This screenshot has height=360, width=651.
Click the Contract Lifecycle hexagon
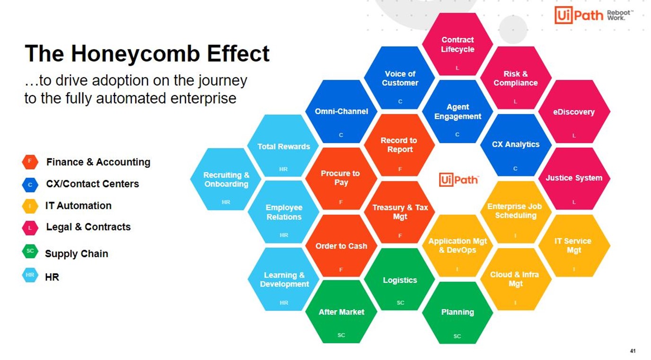point(457,44)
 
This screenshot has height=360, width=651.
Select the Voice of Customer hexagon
point(400,78)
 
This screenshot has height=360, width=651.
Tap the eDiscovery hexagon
point(574,112)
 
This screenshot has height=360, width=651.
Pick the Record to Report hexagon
point(400,145)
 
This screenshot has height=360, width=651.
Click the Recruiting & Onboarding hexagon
point(226,179)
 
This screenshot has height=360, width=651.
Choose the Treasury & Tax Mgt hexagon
point(400,212)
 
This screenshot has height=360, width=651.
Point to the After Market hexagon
point(341,312)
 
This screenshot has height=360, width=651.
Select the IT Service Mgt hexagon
point(574,246)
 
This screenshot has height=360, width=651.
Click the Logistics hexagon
point(400,280)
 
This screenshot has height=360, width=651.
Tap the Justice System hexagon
point(574,179)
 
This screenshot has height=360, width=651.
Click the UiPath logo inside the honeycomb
point(458,180)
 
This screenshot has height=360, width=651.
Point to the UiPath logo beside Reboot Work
point(579,15)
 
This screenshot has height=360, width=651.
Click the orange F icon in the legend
point(30,162)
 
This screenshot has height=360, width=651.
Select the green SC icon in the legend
point(30,251)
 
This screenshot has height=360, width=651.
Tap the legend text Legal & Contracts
point(88,227)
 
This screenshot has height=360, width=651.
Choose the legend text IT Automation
point(78,206)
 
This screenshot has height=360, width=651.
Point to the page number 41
point(633,351)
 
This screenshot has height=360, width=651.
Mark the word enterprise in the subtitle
point(203,98)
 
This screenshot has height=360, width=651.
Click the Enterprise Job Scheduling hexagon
point(516,212)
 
